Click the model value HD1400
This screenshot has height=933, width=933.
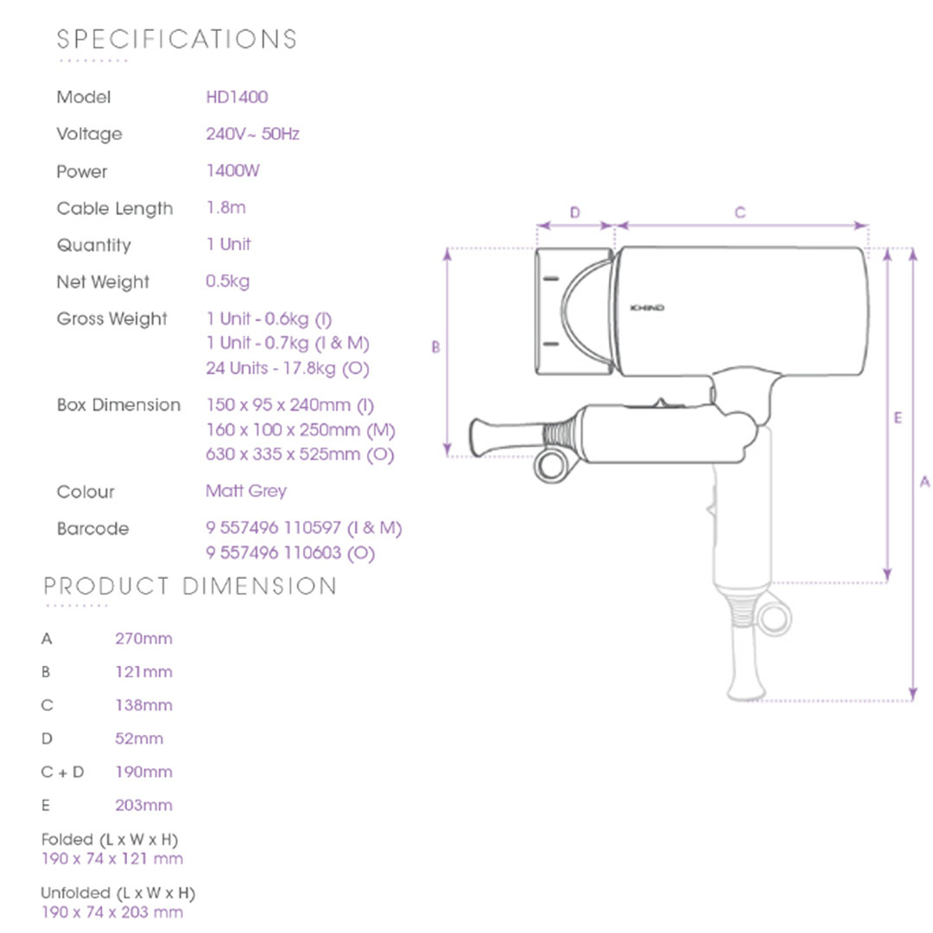click(237, 97)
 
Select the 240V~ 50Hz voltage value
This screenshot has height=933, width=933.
click(252, 134)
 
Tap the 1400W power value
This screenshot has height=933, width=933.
click(232, 171)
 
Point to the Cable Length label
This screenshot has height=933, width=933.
click(115, 209)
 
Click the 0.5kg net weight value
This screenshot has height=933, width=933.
click(227, 282)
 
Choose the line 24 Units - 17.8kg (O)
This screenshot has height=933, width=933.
click(288, 368)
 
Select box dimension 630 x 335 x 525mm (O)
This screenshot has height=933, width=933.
click(300, 454)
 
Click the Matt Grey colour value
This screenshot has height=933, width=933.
click(245, 492)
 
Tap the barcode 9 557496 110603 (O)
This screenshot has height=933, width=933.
click(290, 554)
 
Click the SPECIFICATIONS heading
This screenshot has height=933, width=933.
click(177, 39)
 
